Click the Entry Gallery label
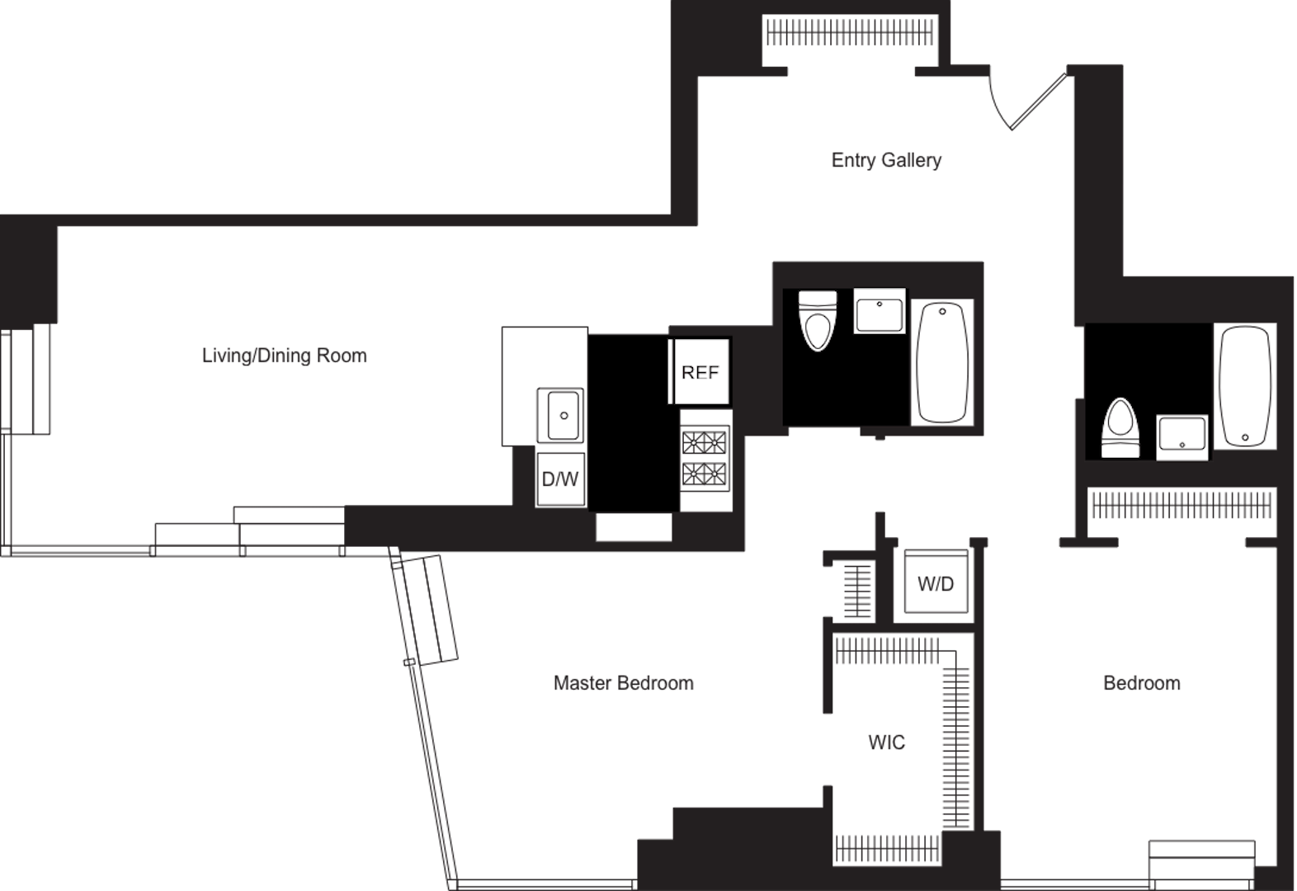[886, 160]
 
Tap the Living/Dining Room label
[285, 356]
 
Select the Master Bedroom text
[624, 683]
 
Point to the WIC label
[886, 742]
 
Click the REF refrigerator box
[700, 371]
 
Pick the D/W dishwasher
[560, 479]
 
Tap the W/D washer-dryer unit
[936, 583]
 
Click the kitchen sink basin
[560, 415]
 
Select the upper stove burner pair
[704, 443]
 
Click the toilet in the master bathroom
[818, 321]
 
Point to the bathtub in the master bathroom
[942, 362]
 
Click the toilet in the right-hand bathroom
[1120, 428]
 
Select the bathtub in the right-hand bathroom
[1245, 386]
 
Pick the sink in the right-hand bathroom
[1181, 437]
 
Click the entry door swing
[1028, 100]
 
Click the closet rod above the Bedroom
[1181, 504]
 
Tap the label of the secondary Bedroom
[1141, 683]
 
